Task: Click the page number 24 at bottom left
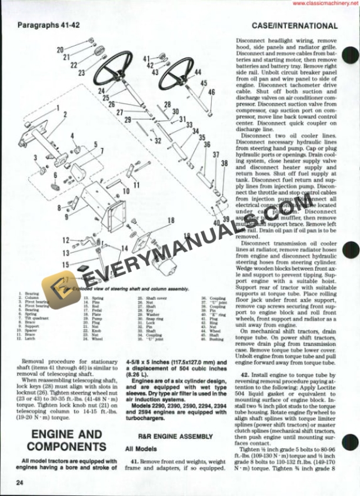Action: pos(21,483)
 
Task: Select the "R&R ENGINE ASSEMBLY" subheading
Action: pos(168,437)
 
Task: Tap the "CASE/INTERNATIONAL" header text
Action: pos(294,26)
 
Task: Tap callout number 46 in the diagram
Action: pos(212,92)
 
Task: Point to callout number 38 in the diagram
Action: pos(224,163)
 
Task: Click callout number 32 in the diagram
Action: pos(158,141)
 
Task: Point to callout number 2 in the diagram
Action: pos(65,115)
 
